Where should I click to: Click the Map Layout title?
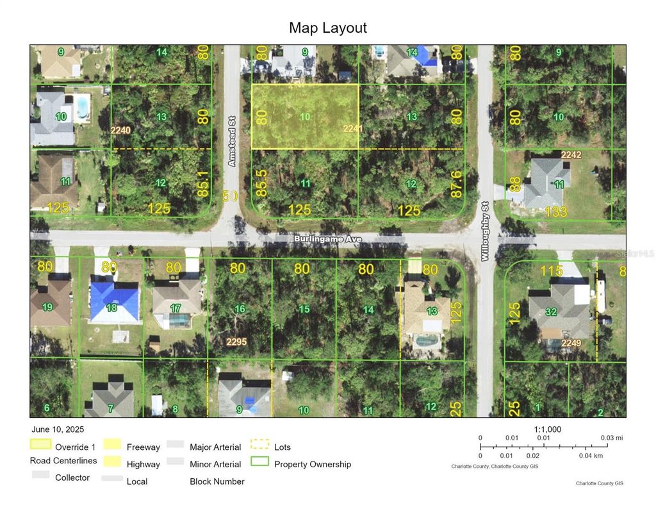click(x=327, y=28)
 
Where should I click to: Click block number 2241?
click(x=353, y=129)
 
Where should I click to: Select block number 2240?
click(x=120, y=130)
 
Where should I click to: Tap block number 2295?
click(x=236, y=342)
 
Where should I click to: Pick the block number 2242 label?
click(x=571, y=155)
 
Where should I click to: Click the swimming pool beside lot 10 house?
click(x=81, y=106)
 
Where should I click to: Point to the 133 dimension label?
click(x=555, y=212)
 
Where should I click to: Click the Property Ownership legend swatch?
click(x=260, y=461)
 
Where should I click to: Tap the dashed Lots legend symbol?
click(x=260, y=444)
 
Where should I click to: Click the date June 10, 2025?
click(x=57, y=429)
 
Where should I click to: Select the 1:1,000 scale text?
click(x=548, y=429)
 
